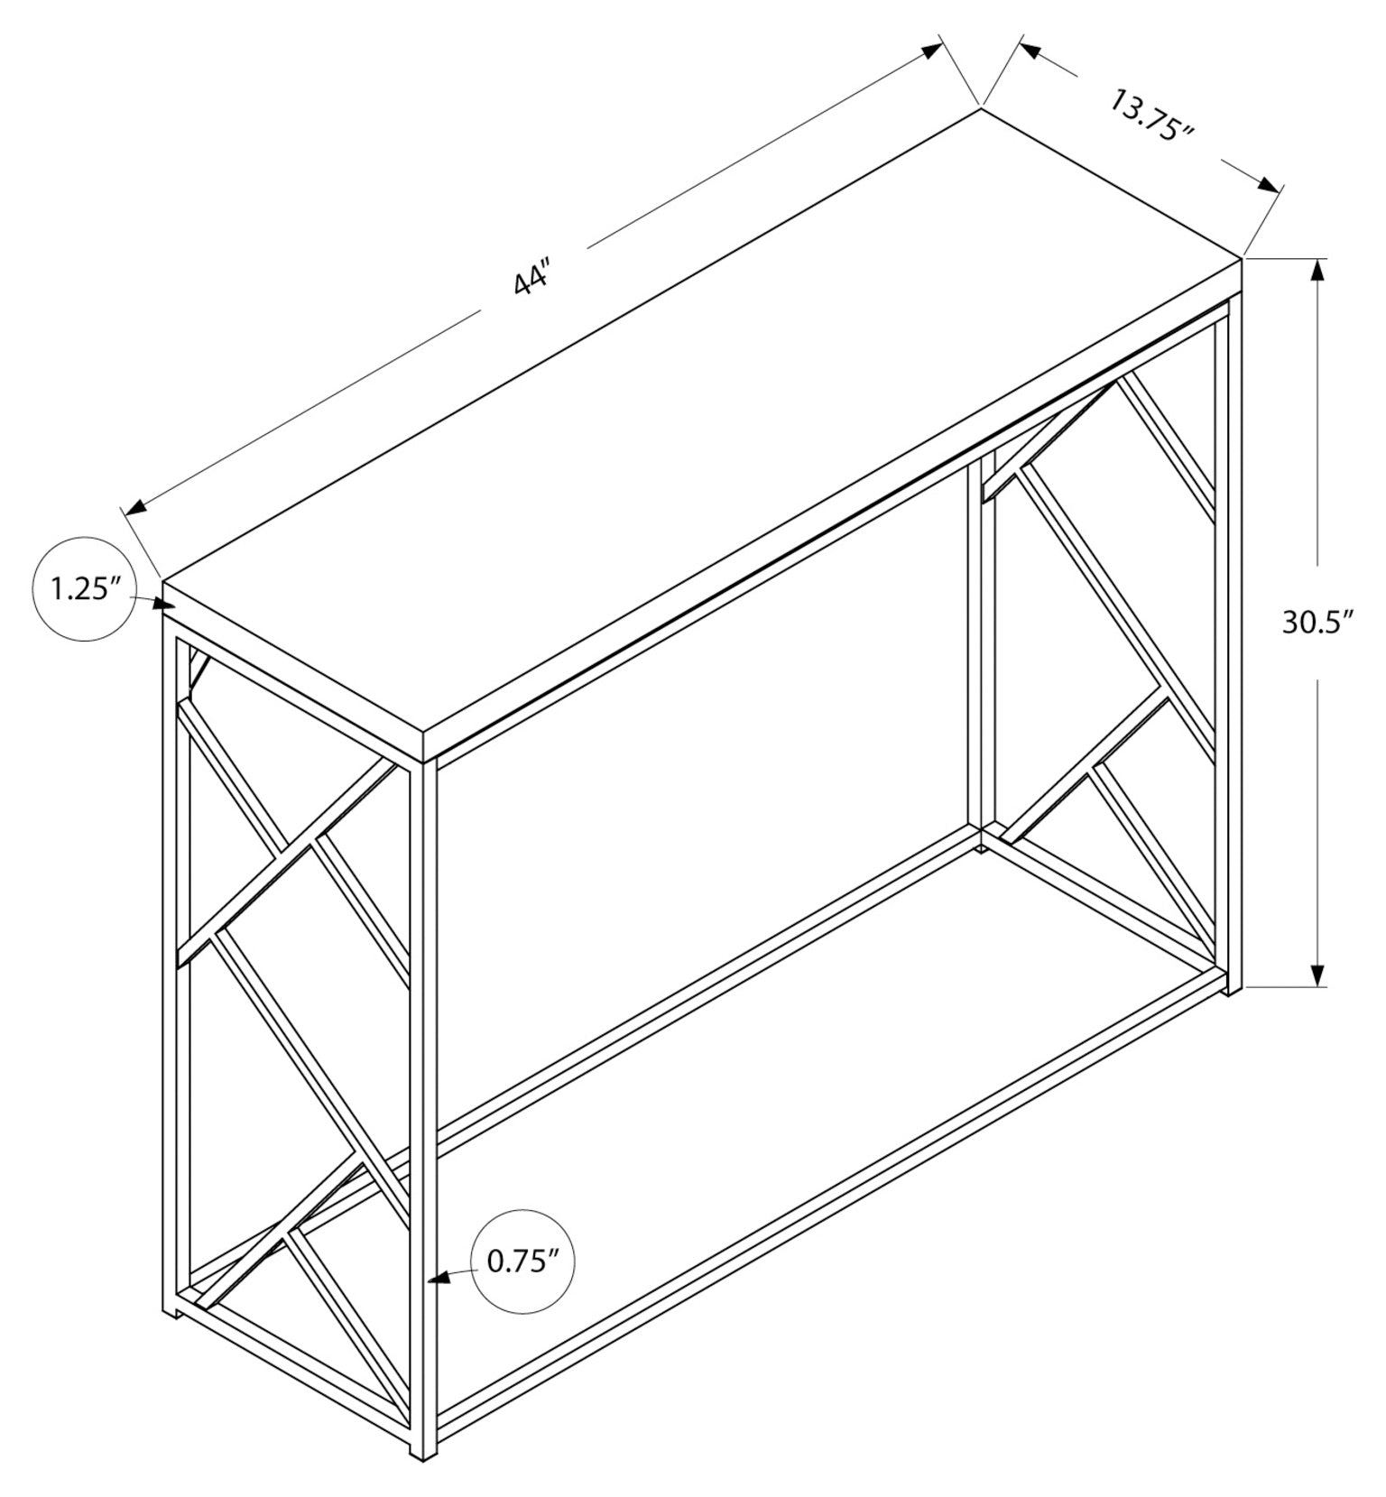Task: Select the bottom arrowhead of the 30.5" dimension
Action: (1318, 974)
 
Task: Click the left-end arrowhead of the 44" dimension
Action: (138, 506)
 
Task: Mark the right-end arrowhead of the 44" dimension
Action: (929, 51)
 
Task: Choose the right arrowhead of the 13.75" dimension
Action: (1266, 185)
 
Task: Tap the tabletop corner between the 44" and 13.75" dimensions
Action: (981, 109)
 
